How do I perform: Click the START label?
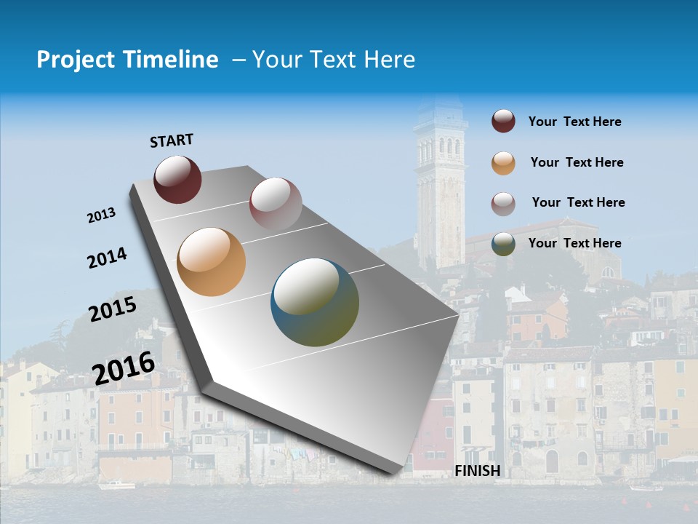(172, 140)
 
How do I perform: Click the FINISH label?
(477, 471)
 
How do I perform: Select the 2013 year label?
(101, 215)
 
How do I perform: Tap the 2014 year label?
(107, 258)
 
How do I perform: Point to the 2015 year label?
(113, 309)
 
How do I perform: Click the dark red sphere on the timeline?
(177, 179)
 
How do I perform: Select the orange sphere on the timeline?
(211, 262)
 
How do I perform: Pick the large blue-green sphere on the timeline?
(315, 302)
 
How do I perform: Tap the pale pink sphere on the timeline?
(276, 204)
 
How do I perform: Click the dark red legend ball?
(503, 122)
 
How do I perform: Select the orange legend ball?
(503, 163)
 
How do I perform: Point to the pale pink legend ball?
(503, 204)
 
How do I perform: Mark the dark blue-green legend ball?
(503, 244)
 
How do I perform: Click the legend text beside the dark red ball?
(574, 122)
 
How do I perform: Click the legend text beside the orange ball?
(577, 162)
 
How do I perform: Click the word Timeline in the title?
(167, 60)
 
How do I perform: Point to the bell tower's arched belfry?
(439, 148)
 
